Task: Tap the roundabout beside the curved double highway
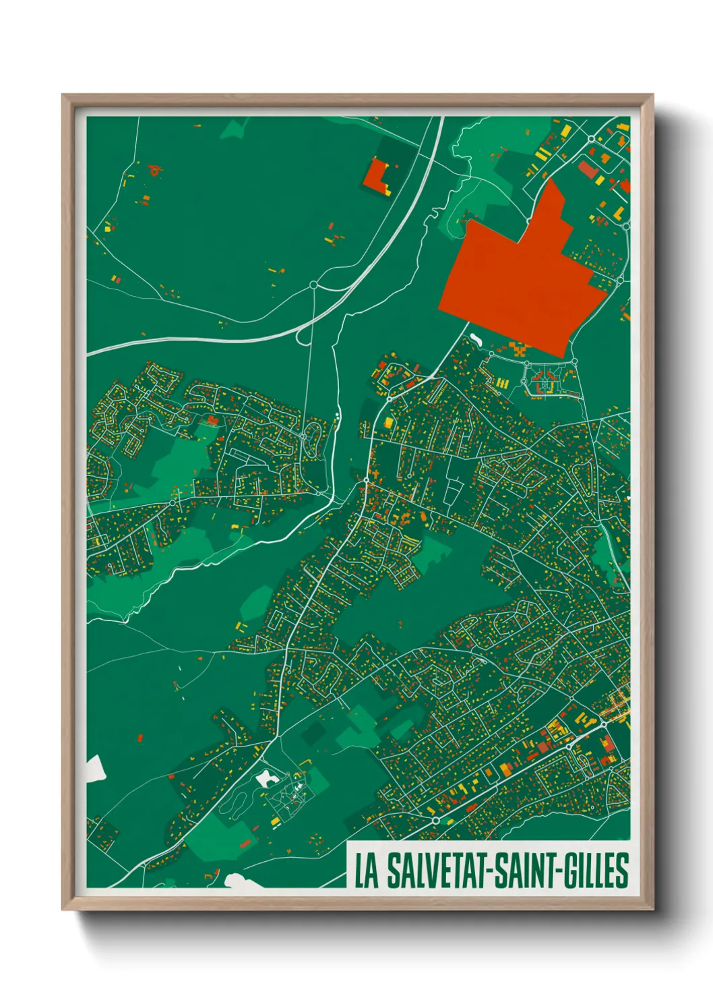tap(313, 285)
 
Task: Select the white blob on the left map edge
tap(95, 767)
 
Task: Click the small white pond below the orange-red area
tap(476, 337)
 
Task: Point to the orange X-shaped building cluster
tap(518, 349)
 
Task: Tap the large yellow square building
tap(388, 422)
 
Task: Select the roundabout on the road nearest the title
tap(436, 820)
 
